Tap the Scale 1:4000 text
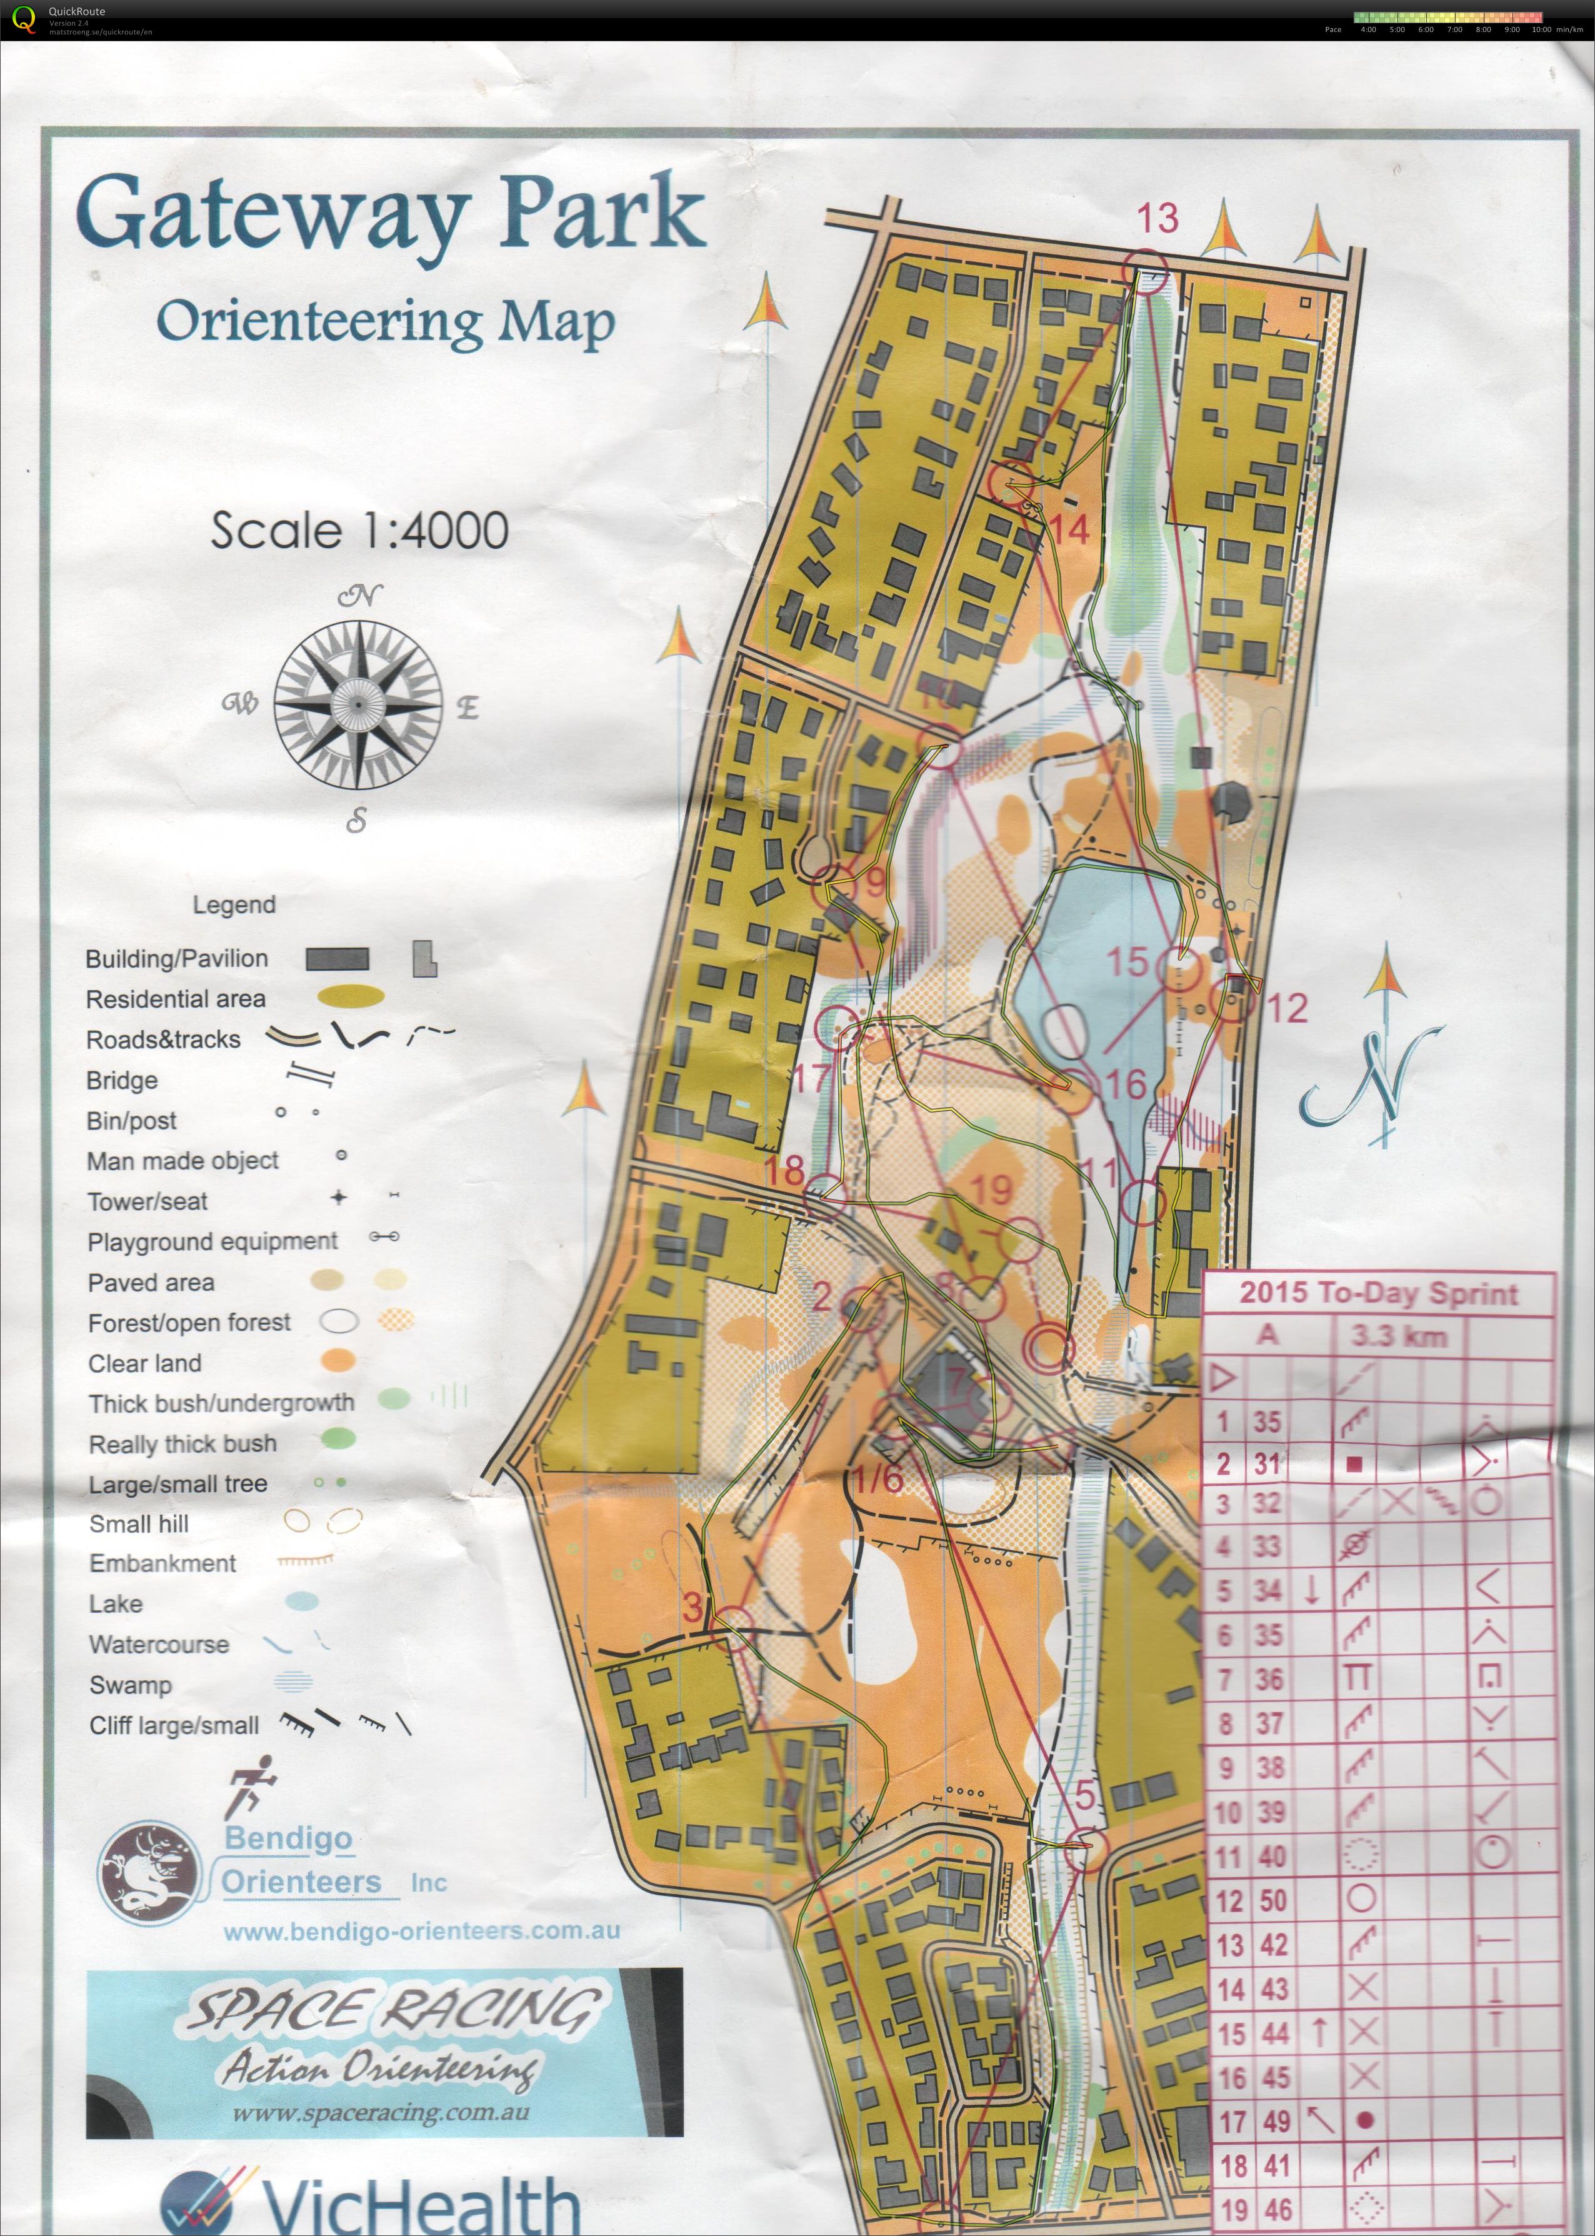tap(359, 531)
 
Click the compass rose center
tap(357, 704)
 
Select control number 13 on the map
tap(1157, 219)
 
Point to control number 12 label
tap(1287, 1007)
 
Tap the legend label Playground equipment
tap(212, 1242)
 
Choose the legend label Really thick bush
tap(182, 1443)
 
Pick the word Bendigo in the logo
tap(287, 1837)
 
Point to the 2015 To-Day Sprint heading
tap(1378, 1292)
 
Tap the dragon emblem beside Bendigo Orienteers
tap(147, 1868)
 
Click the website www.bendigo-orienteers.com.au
tap(422, 1930)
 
